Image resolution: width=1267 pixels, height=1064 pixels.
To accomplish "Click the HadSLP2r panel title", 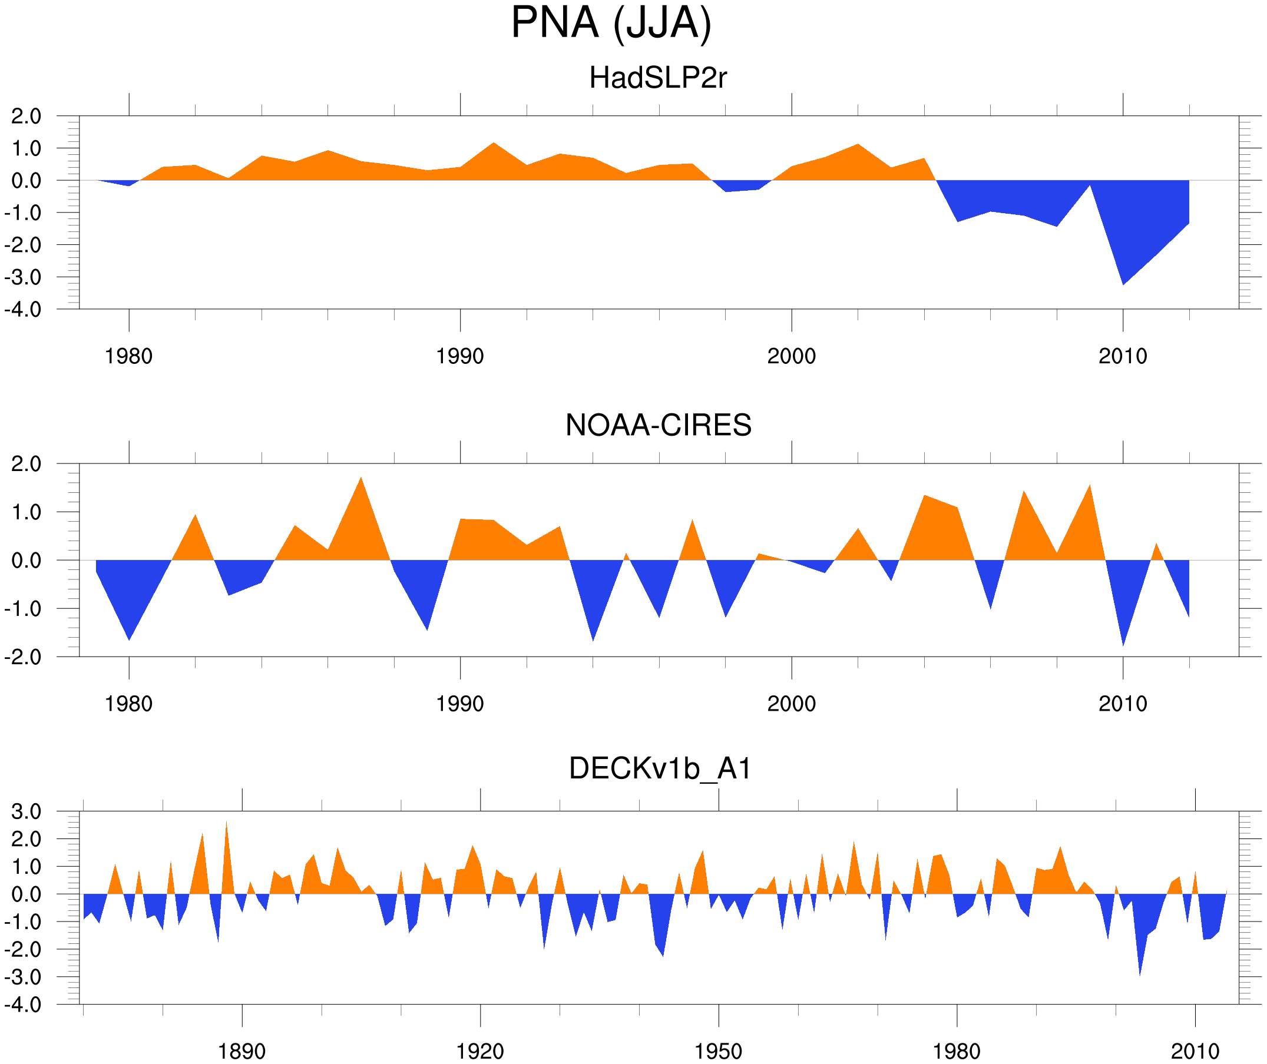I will click(x=657, y=78).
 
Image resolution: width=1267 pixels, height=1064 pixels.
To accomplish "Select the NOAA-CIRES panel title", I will click(x=658, y=425).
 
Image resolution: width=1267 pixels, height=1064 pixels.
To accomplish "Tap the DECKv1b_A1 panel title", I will click(x=660, y=769).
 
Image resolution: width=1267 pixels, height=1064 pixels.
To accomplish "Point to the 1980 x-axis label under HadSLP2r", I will click(x=128, y=356).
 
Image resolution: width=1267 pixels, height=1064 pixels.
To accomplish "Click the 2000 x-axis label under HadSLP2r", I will click(x=791, y=356).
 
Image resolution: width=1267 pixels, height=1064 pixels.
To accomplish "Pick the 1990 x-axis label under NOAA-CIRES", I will click(x=460, y=704).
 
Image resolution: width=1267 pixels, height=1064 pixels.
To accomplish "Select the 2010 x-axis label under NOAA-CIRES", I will click(x=1122, y=704).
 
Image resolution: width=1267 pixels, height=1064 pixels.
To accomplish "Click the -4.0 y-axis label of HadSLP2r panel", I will click(x=23, y=310).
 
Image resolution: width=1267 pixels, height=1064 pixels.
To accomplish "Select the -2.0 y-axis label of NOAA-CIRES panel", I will click(x=23, y=658).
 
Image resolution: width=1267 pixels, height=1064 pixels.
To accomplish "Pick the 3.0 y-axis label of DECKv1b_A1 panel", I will click(x=27, y=812).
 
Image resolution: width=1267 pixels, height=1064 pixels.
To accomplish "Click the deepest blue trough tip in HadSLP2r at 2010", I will click(x=1123, y=284).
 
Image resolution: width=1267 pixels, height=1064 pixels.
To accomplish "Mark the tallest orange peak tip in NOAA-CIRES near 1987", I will click(x=361, y=478).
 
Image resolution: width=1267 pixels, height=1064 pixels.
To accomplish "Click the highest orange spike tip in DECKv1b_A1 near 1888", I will click(x=226, y=821).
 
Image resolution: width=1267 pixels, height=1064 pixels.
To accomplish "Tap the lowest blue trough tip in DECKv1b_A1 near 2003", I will click(x=1140, y=974).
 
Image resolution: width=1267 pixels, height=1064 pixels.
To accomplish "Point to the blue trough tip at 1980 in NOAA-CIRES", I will click(x=129, y=640).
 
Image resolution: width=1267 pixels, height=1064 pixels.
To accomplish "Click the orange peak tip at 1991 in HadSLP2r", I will click(x=494, y=143).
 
